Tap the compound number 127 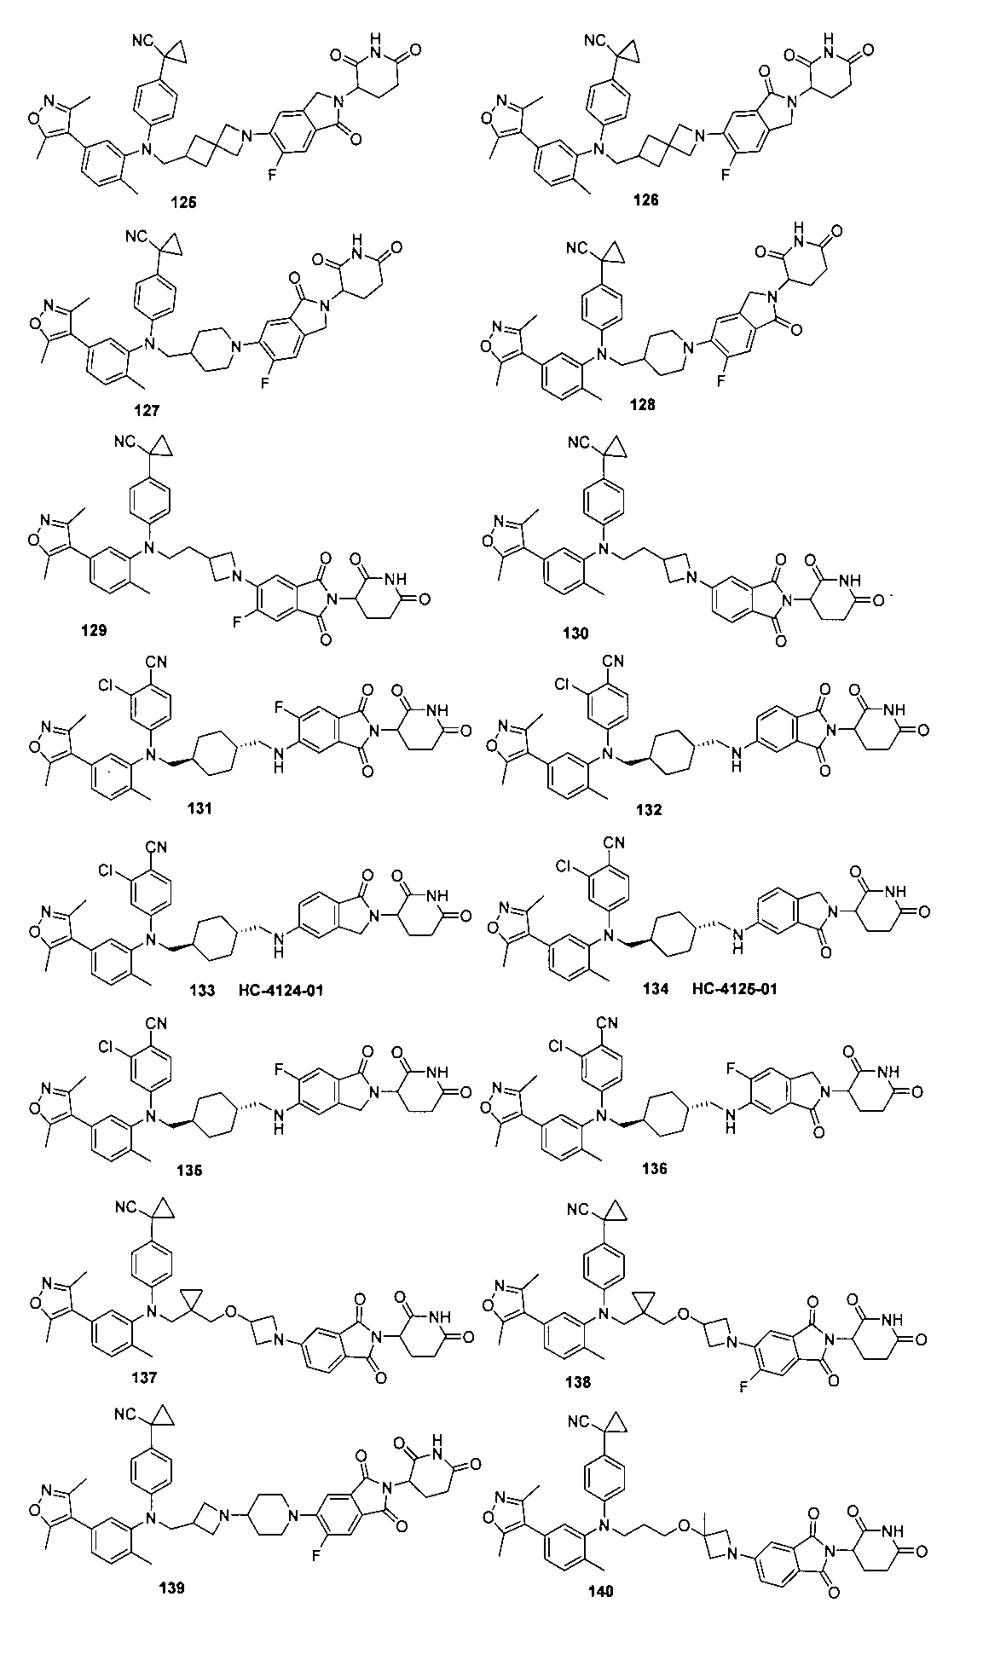click(x=147, y=410)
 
